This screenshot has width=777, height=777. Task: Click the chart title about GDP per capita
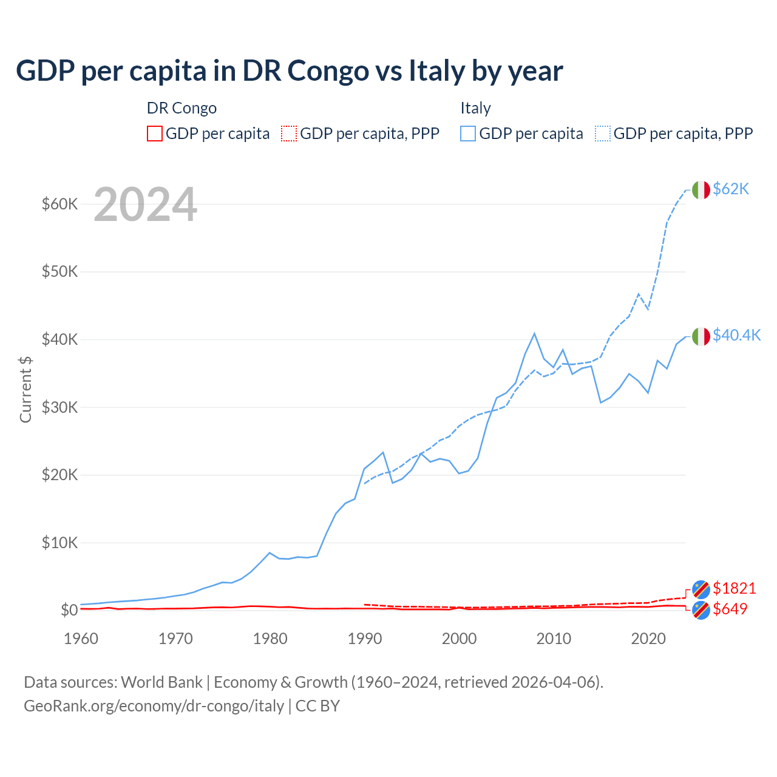[x=289, y=70]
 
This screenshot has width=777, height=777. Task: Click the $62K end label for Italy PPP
[x=731, y=189]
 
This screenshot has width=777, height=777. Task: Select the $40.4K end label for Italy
[x=736, y=336]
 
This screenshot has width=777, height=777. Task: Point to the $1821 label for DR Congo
[x=734, y=588]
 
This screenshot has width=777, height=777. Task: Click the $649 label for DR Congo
[x=730, y=609]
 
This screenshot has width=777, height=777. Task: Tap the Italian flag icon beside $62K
[x=701, y=190]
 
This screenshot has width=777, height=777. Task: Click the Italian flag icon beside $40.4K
[x=701, y=336]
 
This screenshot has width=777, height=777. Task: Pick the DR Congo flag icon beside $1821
[x=701, y=589]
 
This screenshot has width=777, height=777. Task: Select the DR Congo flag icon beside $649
[x=701, y=610]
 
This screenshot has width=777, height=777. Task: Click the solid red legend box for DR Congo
[x=155, y=134]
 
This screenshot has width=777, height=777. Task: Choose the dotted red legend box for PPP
[x=289, y=134]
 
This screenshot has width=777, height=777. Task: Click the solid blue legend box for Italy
[x=468, y=134]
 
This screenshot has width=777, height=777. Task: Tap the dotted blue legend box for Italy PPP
[x=603, y=134]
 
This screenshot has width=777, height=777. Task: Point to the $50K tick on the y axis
[x=59, y=271]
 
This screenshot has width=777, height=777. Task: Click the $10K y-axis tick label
[x=59, y=543]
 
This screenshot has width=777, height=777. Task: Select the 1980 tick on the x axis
[x=270, y=639]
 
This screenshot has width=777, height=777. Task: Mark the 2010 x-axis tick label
[x=554, y=639]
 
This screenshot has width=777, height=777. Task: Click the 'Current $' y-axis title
[x=25, y=390]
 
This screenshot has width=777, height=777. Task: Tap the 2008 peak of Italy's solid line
[x=534, y=333]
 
